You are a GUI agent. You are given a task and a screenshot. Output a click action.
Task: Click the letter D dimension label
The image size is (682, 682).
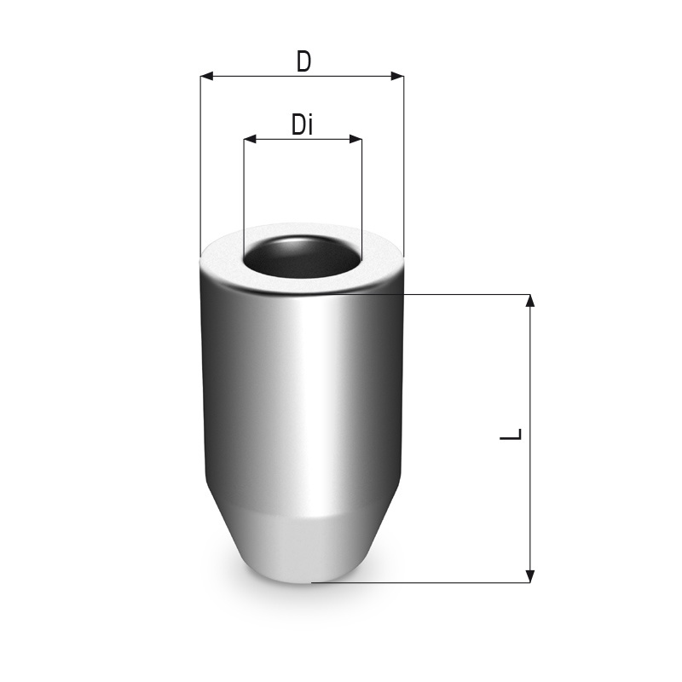tap(303, 61)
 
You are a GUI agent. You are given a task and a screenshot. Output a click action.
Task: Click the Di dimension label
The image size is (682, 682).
tap(303, 124)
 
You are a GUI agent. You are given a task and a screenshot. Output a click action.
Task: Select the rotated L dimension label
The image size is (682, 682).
tap(511, 434)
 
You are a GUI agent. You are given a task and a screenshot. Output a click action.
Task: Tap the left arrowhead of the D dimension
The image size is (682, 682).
tap(206, 77)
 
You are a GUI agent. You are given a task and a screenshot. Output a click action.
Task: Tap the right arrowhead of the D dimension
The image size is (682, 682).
tap(397, 77)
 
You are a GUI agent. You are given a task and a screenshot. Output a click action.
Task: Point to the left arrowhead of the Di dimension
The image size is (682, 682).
tap(250, 140)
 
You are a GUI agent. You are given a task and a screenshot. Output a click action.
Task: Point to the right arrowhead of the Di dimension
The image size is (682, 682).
tap(355, 140)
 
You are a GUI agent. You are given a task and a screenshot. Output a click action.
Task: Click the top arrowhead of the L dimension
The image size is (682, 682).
tap(529, 301)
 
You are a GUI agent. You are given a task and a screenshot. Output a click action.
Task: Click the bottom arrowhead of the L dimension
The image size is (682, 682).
tap(529, 576)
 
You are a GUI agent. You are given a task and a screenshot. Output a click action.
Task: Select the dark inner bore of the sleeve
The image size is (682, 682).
tap(302, 257)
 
